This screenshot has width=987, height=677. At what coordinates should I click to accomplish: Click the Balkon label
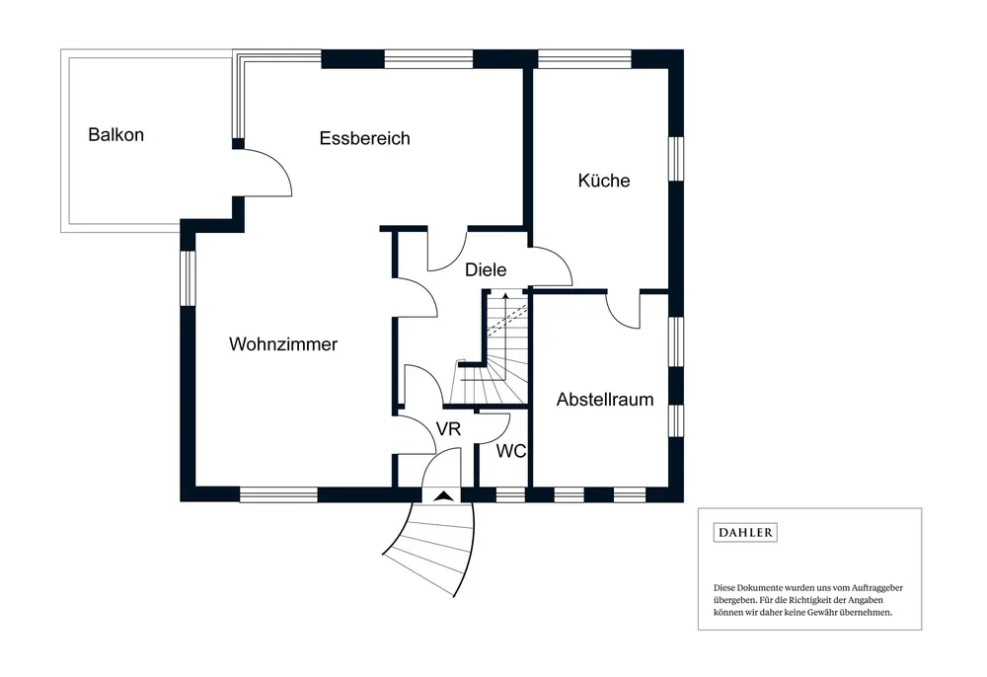[115, 134]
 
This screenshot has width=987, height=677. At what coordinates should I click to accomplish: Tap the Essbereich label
[364, 138]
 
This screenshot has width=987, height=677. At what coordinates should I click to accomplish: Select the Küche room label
[604, 181]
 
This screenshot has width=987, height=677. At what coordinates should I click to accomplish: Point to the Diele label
[486, 269]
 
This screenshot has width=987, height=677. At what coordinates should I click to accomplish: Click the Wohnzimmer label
[283, 344]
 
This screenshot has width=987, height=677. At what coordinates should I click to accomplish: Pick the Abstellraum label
[605, 400]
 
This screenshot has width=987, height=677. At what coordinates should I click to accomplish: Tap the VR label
[449, 429]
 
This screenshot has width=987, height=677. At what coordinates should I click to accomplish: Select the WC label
[510, 451]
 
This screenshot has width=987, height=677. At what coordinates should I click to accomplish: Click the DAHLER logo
[745, 533]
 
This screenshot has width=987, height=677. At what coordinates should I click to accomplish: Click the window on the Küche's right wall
[676, 158]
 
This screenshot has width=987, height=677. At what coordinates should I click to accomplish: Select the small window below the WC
[509, 494]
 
